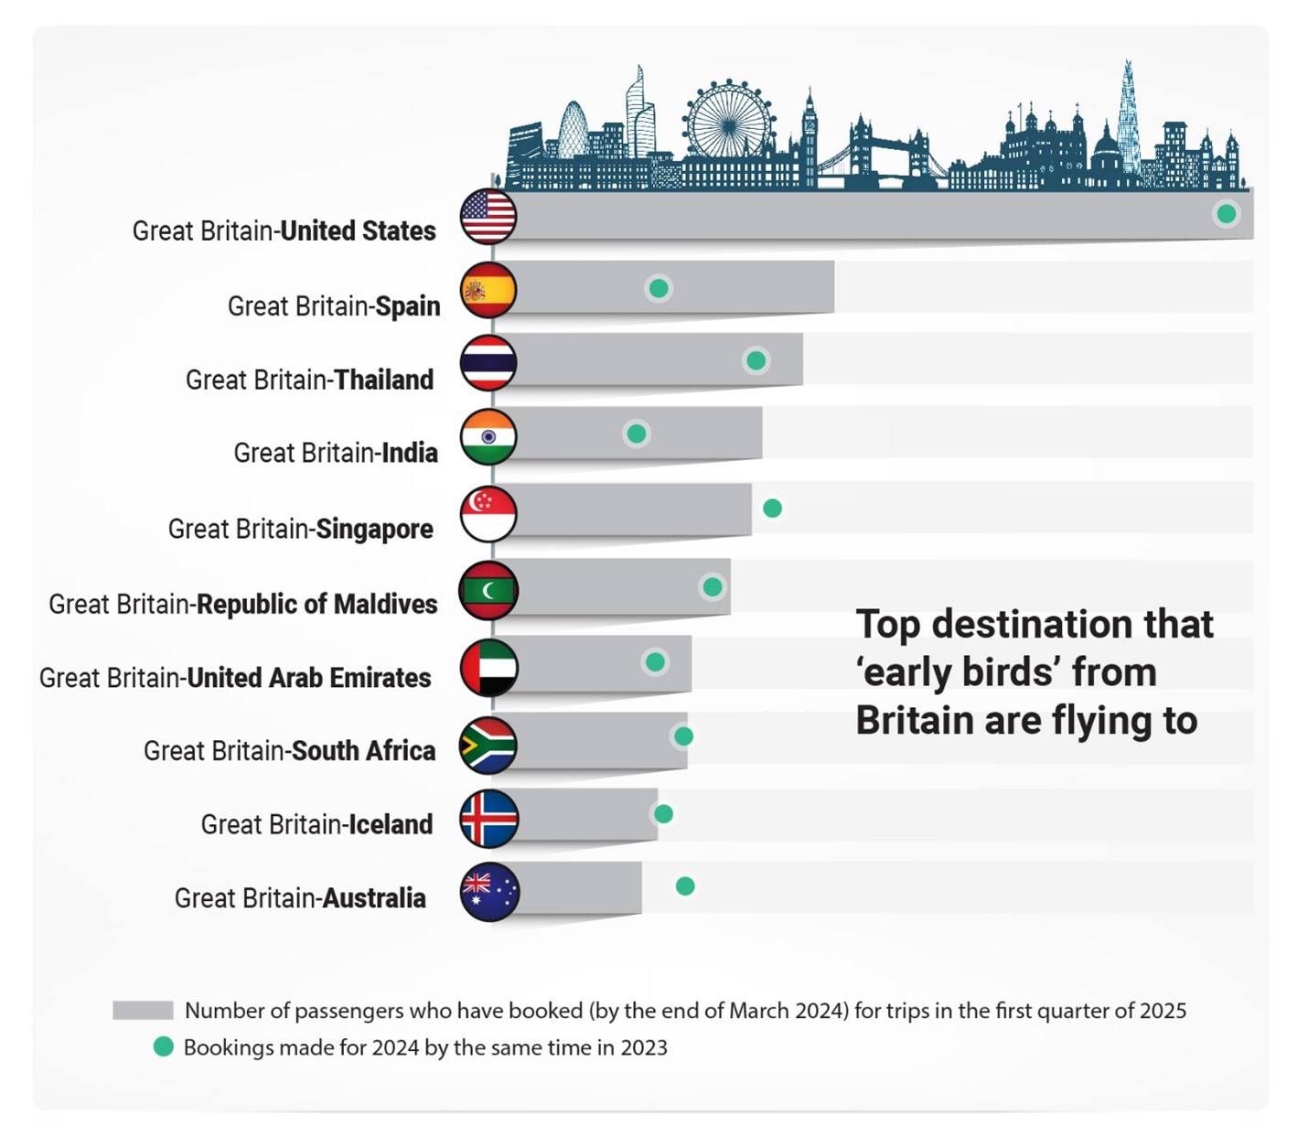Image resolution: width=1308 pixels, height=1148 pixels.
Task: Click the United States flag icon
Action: click(x=488, y=217)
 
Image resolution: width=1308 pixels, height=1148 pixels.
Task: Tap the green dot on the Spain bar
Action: click(x=659, y=289)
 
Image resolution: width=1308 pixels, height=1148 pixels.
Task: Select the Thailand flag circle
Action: click(x=488, y=363)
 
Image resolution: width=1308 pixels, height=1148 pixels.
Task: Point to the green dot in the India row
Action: click(x=637, y=434)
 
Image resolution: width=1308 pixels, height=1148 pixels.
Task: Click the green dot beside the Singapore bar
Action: click(x=772, y=509)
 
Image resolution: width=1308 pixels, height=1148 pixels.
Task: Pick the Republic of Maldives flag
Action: click(x=488, y=591)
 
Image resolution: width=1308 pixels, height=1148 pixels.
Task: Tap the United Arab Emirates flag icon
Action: click(x=488, y=668)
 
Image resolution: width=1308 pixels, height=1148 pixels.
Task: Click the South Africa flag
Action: click(x=488, y=746)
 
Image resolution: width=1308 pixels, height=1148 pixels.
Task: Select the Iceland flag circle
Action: click(x=488, y=819)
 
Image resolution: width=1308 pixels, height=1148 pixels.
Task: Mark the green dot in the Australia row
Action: click(x=685, y=886)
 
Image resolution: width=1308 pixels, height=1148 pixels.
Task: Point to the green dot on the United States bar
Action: click(x=1226, y=214)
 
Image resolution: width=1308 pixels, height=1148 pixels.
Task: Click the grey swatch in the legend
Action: click(x=143, y=1011)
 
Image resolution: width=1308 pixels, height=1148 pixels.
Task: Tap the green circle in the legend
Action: click(x=164, y=1047)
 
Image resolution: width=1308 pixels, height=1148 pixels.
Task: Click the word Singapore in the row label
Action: click(x=374, y=529)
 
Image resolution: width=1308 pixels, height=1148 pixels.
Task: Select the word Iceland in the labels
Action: click(x=391, y=824)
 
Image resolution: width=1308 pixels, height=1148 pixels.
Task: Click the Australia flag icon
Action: click(x=489, y=892)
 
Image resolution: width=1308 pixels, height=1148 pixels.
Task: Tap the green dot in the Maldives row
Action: click(x=713, y=587)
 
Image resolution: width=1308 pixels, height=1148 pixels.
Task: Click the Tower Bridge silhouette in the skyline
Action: click(x=889, y=151)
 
